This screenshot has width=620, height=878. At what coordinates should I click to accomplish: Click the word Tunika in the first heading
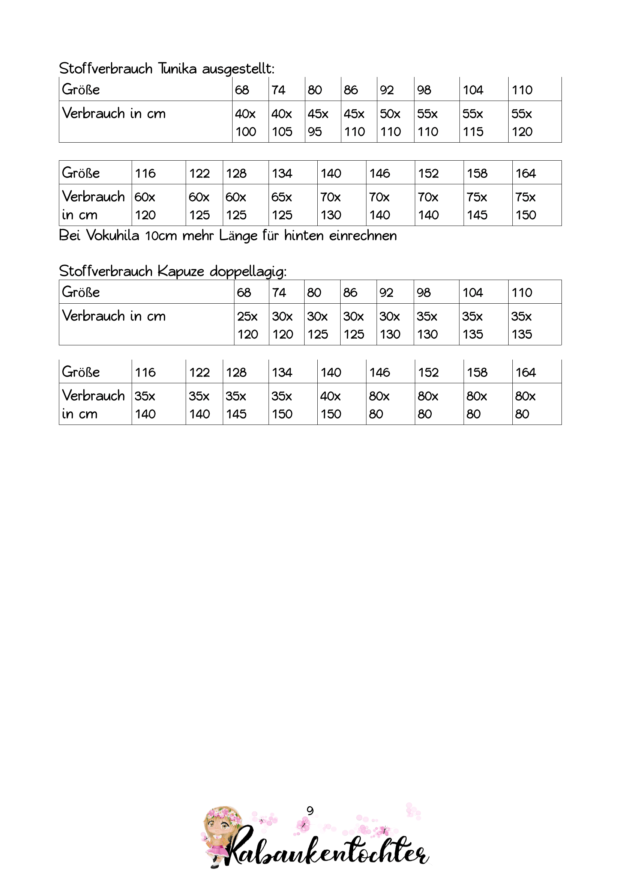(x=177, y=69)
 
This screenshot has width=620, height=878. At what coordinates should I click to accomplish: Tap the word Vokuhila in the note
(x=112, y=236)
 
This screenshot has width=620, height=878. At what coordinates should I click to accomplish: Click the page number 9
(x=310, y=811)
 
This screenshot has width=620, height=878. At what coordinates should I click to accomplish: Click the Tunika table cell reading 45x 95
(x=323, y=122)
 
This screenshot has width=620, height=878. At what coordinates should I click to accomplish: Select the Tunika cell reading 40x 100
(x=250, y=122)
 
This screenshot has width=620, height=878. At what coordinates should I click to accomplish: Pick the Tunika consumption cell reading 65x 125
(x=292, y=206)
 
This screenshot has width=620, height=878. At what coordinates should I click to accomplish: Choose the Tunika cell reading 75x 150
(x=536, y=206)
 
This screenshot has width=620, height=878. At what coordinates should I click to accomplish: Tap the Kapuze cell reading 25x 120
(x=251, y=325)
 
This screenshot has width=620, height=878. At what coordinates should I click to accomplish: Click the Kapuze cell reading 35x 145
(x=245, y=405)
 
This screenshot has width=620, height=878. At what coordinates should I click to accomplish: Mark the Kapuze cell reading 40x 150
(x=341, y=405)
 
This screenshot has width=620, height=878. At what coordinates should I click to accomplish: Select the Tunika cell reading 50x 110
(x=395, y=122)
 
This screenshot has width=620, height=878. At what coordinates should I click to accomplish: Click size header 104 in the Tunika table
(x=473, y=90)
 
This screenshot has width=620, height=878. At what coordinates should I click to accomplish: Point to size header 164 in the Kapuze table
(x=525, y=372)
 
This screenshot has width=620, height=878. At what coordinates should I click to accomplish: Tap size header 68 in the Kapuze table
(x=244, y=292)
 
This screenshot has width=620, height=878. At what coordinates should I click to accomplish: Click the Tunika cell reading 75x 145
(x=488, y=206)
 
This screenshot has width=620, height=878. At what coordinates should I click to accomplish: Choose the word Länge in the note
(x=238, y=236)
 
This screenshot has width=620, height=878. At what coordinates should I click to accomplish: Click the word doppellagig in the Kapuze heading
(x=248, y=271)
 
